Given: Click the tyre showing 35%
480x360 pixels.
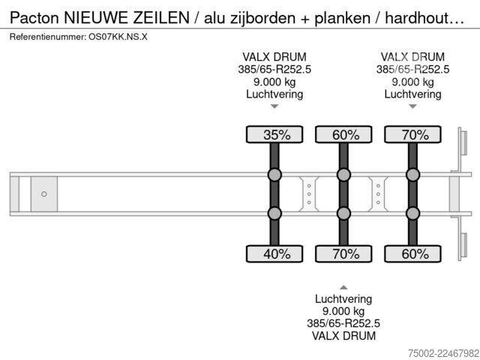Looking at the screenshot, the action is click(x=274, y=134).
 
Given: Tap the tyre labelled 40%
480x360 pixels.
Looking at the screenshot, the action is click(x=274, y=253).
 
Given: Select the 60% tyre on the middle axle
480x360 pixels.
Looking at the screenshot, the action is click(x=343, y=134).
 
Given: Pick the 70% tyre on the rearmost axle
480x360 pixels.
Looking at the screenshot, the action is click(x=412, y=134).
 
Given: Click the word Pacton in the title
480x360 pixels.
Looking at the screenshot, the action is click(x=34, y=18).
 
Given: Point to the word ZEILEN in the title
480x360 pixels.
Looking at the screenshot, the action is click(x=161, y=18).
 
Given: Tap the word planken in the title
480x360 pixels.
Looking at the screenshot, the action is click(x=342, y=18).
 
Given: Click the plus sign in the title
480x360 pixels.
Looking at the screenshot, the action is click(x=305, y=19).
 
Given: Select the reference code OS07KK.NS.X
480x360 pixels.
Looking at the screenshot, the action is click(x=118, y=37).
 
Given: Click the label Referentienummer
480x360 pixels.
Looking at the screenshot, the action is click(x=48, y=37).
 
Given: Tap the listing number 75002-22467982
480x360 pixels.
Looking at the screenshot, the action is click(x=443, y=353).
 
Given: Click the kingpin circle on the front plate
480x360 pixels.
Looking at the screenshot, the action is click(x=44, y=194).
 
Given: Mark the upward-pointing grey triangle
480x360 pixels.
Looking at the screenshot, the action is click(x=343, y=287).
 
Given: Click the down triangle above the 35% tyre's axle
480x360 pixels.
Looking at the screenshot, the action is click(x=274, y=106).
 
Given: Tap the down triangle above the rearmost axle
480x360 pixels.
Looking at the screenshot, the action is click(x=413, y=106).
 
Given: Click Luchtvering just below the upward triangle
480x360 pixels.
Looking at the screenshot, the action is click(x=343, y=299).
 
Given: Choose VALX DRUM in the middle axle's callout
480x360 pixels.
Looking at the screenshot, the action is click(x=343, y=336).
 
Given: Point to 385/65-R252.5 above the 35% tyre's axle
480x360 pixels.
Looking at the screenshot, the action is click(x=274, y=70).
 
